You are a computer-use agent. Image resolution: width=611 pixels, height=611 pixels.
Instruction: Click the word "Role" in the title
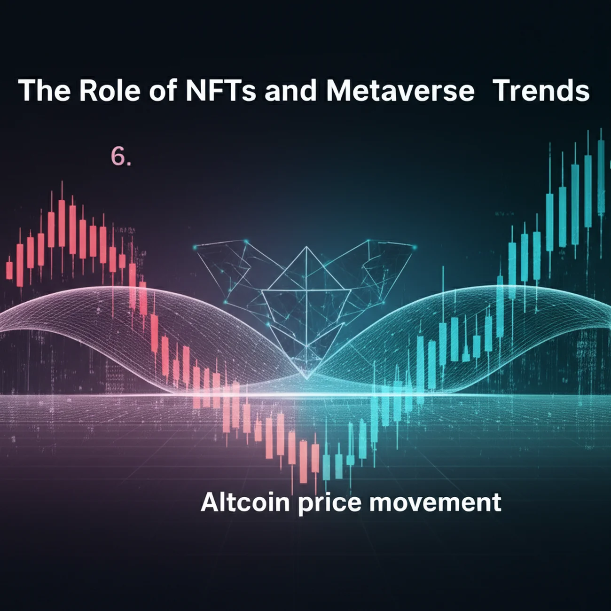pyautogui.click(x=110, y=91)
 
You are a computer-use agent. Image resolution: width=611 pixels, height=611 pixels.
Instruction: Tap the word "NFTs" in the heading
pyautogui.click(x=220, y=91)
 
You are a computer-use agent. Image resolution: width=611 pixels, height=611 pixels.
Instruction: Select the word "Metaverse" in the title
pyautogui.click(x=400, y=91)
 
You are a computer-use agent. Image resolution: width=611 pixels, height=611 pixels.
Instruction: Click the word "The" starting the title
pyautogui.click(x=45, y=91)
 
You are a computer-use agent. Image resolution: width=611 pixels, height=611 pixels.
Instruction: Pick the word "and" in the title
pyautogui.click(x=290, y=91)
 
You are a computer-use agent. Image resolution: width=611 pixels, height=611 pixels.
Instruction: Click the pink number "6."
pyautogui.click(x=120, y=157)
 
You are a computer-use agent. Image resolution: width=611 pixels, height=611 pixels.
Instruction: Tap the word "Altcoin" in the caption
pyautogui.click(x=245, y=502)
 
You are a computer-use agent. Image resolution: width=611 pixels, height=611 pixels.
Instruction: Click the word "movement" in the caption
pyautogui.click(x=435, y=502)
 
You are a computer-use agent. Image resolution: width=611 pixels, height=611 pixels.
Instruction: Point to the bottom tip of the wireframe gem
pyautogui.click(x=307, y=378)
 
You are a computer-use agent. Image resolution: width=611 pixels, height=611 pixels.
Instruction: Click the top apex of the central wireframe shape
pyautogui.click(x=306, y=246)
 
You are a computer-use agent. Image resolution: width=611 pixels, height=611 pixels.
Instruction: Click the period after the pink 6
pyautogui.click(x=129, y=164)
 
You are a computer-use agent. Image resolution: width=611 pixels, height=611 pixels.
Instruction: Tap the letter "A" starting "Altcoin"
pyautogui.click(x=209, y=502)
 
